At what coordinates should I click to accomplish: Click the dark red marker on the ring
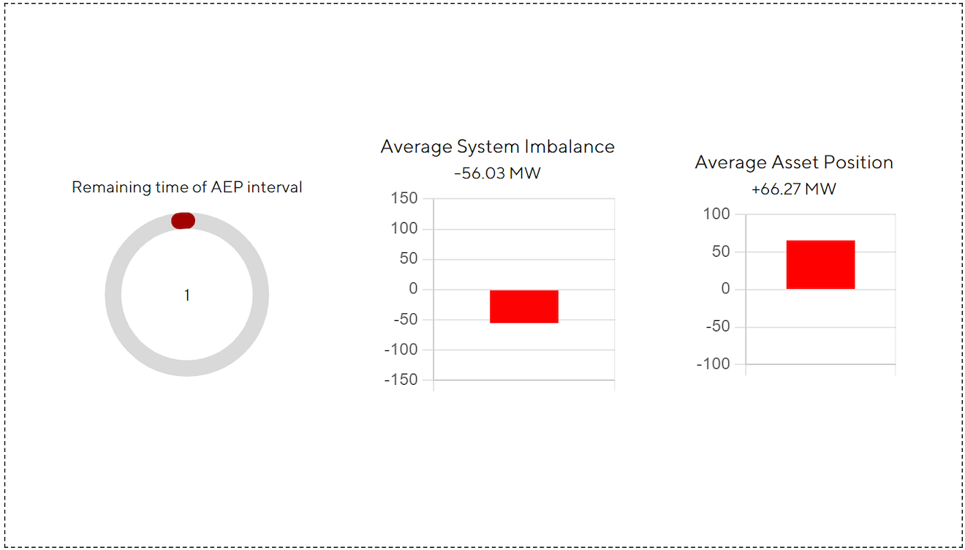pos(183,221)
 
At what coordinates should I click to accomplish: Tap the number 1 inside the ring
pos(187,295)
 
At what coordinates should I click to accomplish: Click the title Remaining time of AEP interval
pos(186,187)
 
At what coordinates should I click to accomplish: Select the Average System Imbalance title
pos(497,146)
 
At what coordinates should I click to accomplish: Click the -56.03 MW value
pos(497,174)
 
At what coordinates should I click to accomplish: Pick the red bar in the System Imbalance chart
pos(523,306)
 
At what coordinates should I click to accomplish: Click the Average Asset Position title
pos(794,162)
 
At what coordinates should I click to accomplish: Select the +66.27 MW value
pos(794,189)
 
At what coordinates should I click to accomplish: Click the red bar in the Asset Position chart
pos(820,265)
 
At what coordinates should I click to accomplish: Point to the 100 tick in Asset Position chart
pos(716,214)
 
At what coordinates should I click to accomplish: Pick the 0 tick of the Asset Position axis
pos(725,289)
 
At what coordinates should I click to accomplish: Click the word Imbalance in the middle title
pos(577,146)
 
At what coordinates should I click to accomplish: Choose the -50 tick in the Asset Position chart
pos(716,326)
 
